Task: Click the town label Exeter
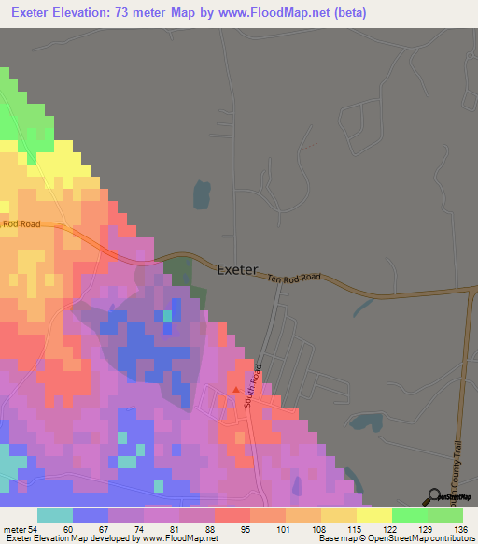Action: click(237, 269)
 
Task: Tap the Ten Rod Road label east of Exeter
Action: click(293, 277)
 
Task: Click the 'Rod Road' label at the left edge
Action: click(21, 224)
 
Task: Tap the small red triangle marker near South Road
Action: click(235, 390)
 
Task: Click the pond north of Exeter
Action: click(201, 195)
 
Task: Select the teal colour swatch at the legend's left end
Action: click(54, 515)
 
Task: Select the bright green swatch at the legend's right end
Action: click(444, 515)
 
